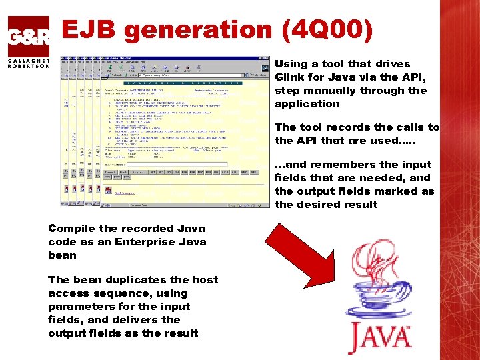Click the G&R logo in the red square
29,37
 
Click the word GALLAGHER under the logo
29,60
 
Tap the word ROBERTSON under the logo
29,66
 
